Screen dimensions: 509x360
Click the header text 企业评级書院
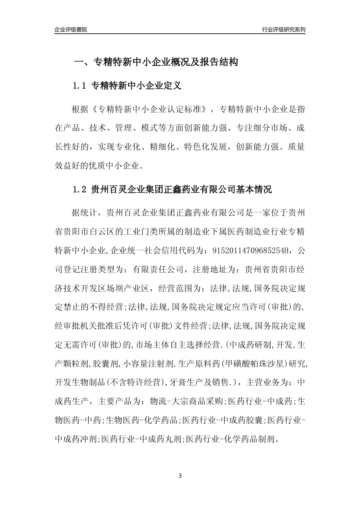[71, 30]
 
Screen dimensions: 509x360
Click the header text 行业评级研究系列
[283, 30]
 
